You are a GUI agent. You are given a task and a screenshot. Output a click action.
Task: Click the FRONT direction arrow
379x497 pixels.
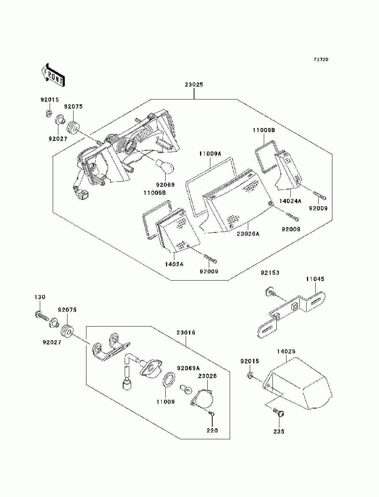click(53, 75)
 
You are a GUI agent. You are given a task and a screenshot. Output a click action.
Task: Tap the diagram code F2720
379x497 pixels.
click(321, 60)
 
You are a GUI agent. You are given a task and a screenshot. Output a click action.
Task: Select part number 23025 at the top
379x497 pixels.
click(194, 84)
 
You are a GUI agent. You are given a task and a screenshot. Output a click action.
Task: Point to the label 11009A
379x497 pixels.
click(210, 154)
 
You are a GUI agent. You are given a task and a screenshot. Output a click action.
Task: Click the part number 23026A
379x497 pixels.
click(248, 234)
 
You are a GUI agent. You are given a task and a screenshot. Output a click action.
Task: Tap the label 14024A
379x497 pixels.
click(290, 201)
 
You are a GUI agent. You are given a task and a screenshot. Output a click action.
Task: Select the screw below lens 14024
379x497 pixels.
click(210, 258)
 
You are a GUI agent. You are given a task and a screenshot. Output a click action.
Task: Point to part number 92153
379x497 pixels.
click(270, 273)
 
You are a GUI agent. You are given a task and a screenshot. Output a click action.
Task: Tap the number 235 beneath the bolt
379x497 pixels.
click(279, 431)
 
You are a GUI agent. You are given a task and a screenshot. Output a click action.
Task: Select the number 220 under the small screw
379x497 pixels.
click(212, 430)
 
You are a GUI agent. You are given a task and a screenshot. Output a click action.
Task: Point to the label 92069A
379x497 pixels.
click(188, 368)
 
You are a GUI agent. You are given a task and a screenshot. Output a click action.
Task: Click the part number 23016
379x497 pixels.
click(186, 333)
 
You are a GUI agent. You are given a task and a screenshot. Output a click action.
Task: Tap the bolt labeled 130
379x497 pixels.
click(42, 316)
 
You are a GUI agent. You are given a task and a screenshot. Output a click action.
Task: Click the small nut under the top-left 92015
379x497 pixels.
click(49, 113)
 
